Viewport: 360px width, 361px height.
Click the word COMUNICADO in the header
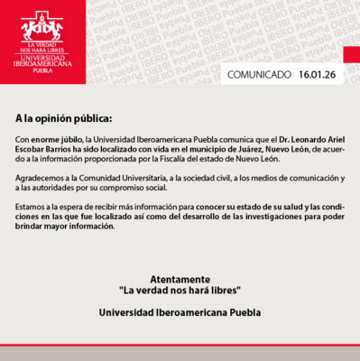[x=258, y=75]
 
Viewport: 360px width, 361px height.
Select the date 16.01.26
[x=317, y=75]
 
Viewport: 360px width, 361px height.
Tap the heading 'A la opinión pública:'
[x=63, y=118]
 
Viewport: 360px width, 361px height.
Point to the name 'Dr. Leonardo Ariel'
[x=293, y=142]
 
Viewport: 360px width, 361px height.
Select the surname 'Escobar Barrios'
[x=45, y=151]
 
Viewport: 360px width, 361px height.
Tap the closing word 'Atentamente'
[x=180, y=281]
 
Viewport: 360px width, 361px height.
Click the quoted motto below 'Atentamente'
[x=180, y=292]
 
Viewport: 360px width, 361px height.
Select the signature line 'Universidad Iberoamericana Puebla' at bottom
[x=180, y=313]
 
